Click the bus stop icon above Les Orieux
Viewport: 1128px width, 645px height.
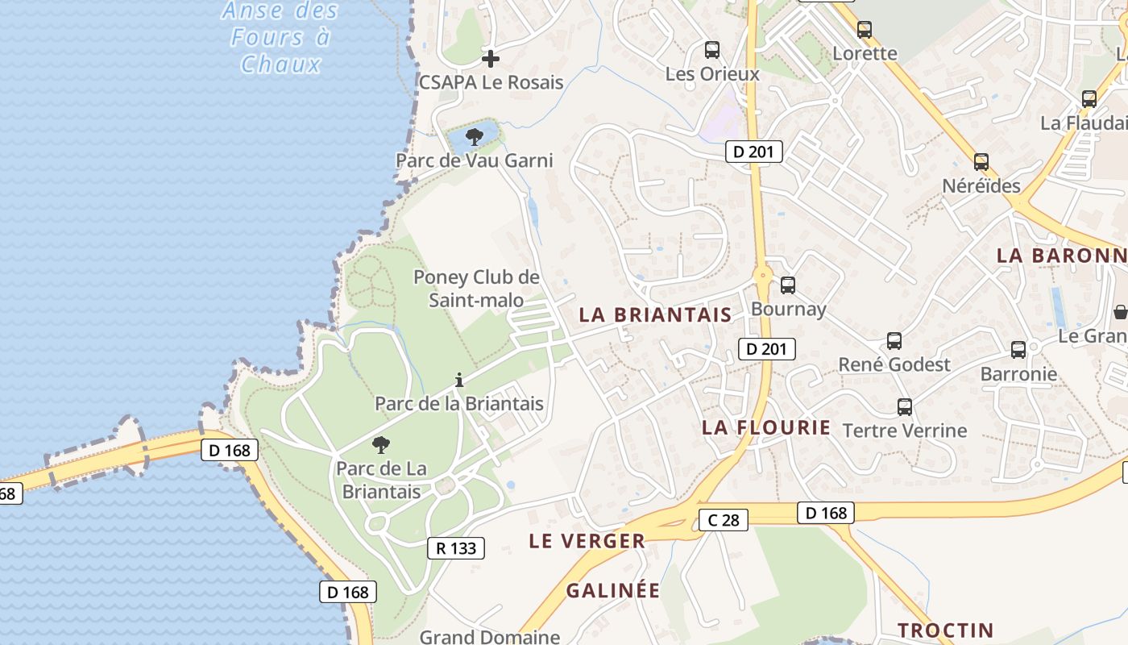[711, 50]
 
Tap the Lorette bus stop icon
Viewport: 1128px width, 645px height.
[865, 31]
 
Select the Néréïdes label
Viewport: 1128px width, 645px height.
[981, 186]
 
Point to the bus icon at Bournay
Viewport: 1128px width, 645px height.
[788, 285]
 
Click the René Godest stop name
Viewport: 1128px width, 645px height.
[894, 364]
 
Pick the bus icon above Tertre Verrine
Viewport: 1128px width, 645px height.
[905, 407]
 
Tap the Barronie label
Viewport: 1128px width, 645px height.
[1018, 374]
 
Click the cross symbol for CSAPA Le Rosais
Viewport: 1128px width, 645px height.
[490, 59]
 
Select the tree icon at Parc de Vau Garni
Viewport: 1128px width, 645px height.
[475, 137]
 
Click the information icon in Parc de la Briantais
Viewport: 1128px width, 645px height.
[459, 380]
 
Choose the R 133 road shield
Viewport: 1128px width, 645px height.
[456, 548]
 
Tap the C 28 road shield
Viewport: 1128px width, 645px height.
[724, 520]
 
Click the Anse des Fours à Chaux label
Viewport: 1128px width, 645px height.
[280, 37]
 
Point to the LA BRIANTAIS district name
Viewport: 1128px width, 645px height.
[655, 315]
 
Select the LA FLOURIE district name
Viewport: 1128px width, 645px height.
[765, 427]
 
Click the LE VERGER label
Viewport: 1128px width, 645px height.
[587, 541]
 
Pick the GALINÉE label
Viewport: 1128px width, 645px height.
[613, 591]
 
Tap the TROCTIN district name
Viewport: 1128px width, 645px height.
[945, 630]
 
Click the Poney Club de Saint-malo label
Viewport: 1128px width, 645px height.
[476, 289]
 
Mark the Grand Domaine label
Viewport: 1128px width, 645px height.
[490, 637]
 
